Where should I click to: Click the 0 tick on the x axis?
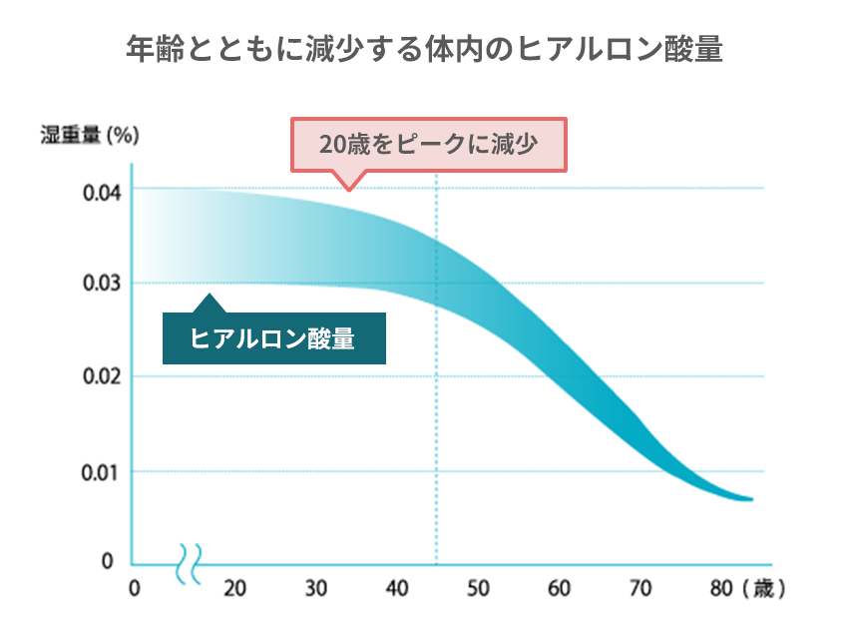(x=135, y=589)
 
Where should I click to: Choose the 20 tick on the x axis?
(x=234, y=589)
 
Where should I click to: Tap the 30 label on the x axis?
(x=316, y=589)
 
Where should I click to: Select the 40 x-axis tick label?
(x=398, y=589)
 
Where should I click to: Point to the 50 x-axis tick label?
(x=480, y=589)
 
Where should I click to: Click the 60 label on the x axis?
(x=561, y=589)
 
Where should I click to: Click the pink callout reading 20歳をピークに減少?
(x=428, y=146)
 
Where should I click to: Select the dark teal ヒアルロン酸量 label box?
(x=273, y=339)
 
